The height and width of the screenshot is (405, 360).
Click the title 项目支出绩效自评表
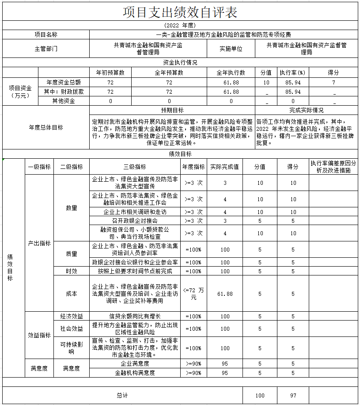point(180,12)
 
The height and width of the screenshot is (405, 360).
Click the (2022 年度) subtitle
point(180,26)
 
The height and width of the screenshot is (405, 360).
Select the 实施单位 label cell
point(231,49)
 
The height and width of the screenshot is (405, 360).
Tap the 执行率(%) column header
point(292,73)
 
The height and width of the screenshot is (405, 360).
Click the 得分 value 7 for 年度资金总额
point(333,83)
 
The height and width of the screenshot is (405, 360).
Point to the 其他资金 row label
point(64,101)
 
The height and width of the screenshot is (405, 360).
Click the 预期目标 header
point(172,110)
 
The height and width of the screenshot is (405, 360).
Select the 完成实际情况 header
point(307,110)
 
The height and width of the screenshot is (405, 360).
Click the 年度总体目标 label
point(46,127)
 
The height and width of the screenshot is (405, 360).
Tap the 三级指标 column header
point(135,167)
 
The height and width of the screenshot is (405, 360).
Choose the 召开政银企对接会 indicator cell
point(135,221)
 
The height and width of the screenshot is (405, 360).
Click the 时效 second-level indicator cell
point(72,271)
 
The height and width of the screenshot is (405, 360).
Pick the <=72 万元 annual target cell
point(193,294)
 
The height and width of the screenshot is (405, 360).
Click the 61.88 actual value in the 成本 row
point(225,294)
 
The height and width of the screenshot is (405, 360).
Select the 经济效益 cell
point(72,316)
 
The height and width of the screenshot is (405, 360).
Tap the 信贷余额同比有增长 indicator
point(135,316)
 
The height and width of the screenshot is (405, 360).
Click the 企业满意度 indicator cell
point(135,363)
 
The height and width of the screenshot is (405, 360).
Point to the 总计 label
point(122,396)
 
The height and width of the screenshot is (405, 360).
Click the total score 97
point(293,396)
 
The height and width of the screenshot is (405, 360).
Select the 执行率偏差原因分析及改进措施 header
point(333,167)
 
